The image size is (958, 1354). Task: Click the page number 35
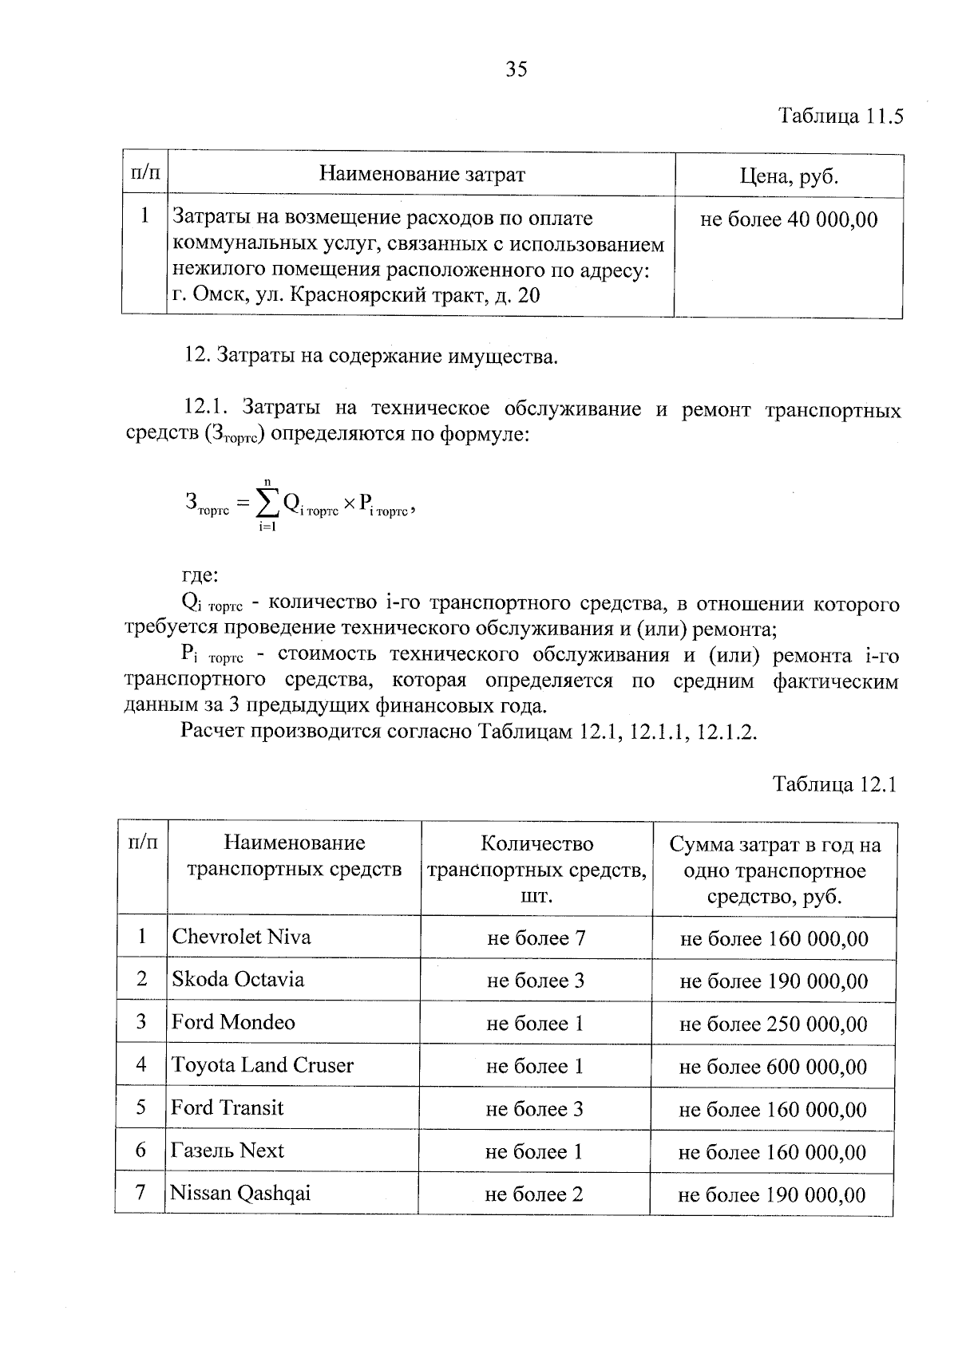coord(517,69)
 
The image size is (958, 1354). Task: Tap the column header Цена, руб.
coord(789,176)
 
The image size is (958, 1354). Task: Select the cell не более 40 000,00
coord(788,219)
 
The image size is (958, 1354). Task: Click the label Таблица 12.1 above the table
coord(835,784)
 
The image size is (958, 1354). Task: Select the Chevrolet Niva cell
coord(241,937)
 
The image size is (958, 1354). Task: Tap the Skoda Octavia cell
coord(238,979)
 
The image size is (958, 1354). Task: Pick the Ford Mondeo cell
coord(233,1022)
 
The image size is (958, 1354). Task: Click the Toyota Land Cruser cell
coord(262,1065)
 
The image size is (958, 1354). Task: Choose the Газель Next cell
coord(228,1151)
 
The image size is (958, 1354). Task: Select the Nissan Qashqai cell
coord(240,1194)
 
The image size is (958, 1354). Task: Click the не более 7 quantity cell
coord(536,938)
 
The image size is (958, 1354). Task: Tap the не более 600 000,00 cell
coord(773,1067)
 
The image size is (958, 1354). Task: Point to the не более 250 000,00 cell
coord(773,1024)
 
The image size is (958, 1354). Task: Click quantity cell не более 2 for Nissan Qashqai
coord(533,1194)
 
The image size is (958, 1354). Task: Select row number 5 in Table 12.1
coord(141,1107)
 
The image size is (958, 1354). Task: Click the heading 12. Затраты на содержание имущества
coord(371,356)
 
